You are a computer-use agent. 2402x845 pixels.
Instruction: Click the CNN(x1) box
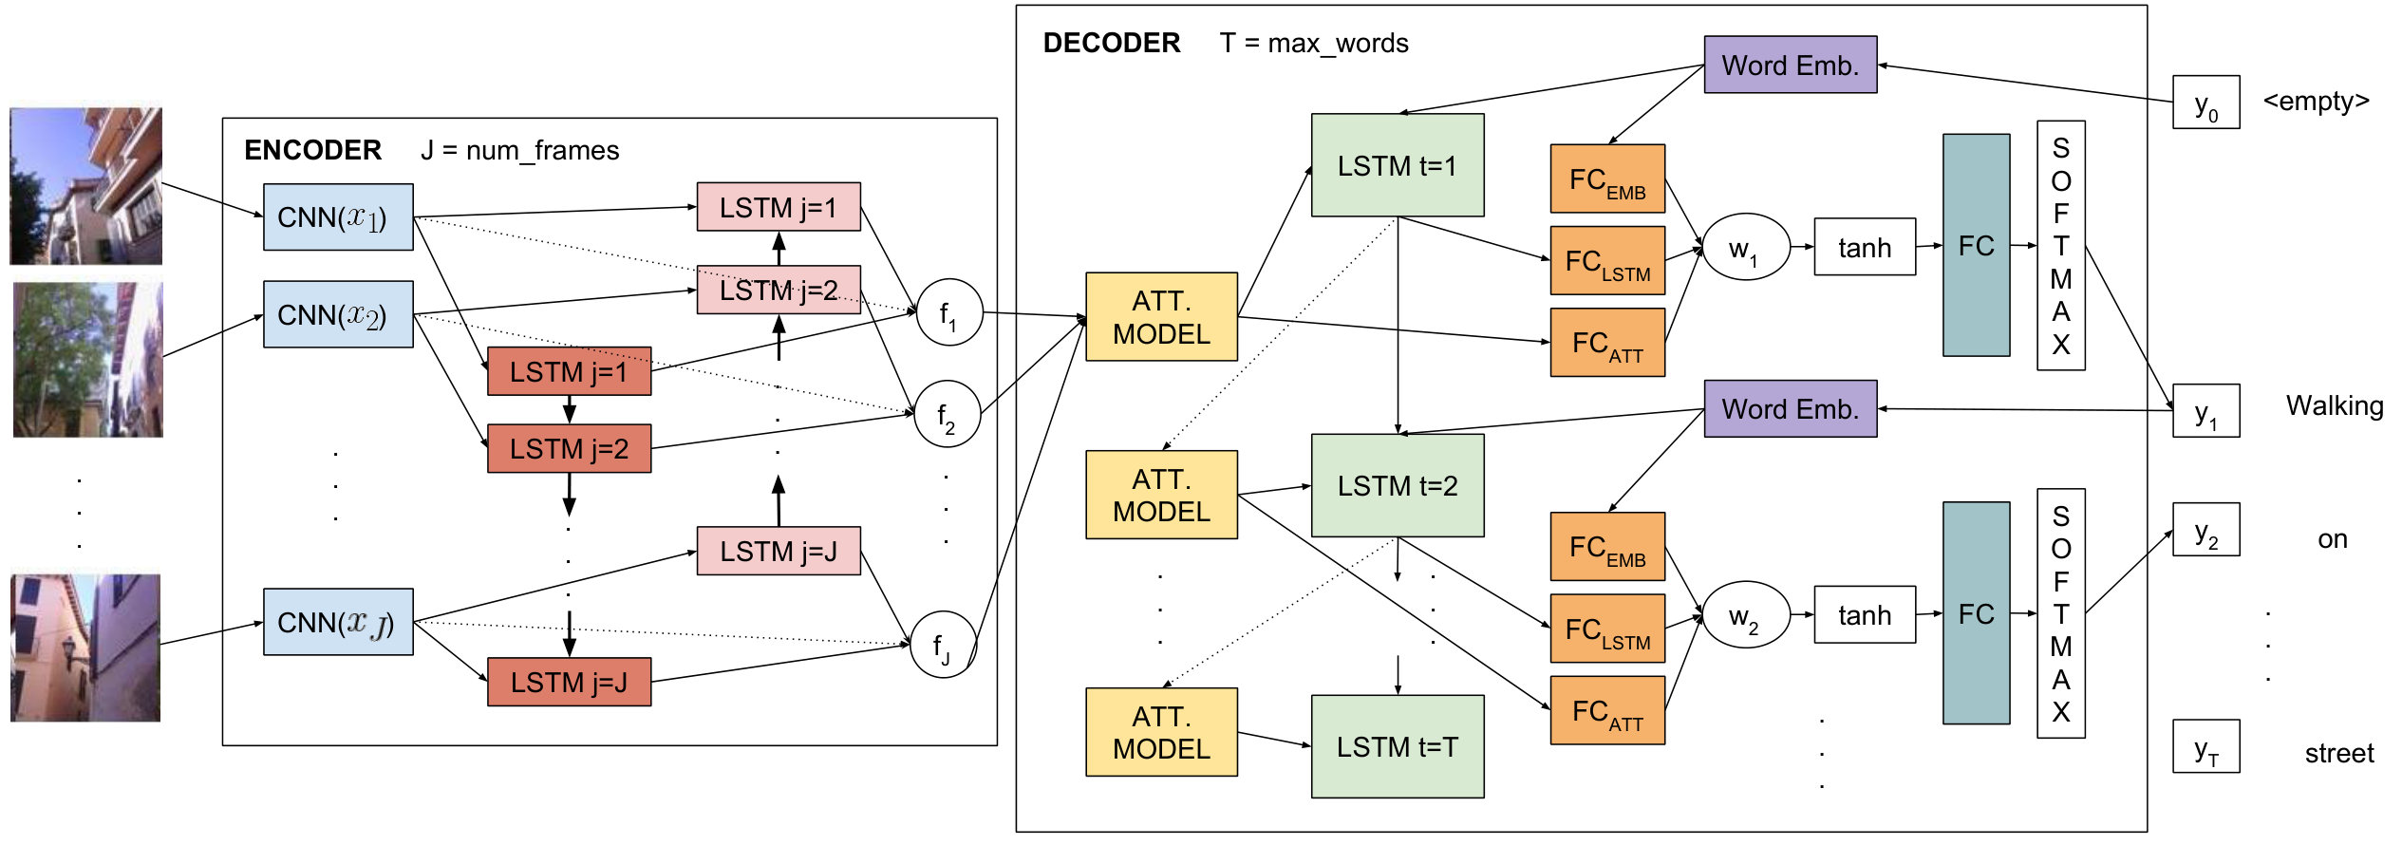[x=338, y=217]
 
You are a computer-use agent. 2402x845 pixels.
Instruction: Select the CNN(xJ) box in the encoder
[x=338, y=622]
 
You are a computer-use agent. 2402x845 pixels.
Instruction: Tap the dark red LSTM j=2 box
[x=569, y=448]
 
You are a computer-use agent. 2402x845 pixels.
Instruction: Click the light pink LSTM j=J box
[x=779, y=551]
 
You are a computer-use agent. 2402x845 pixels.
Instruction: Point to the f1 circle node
[x=949, y=312]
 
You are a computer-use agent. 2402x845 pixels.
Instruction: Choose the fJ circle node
[x=944, y=645]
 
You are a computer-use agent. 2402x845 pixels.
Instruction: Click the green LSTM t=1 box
[x=1398, y=165]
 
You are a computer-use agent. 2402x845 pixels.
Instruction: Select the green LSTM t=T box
[x=1398, y=746]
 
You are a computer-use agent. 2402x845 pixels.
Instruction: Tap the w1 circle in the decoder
[x=1745, y=247]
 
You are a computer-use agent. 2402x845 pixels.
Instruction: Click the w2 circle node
[x=1745, y=615]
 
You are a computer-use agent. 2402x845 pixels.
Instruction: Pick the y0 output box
[x=2206, y=102]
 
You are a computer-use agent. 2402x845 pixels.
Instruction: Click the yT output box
[x=2206, y=746]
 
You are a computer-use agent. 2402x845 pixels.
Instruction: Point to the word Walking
[x=2335, y=406]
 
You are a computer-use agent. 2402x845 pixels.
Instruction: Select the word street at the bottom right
[x=2339, y=754]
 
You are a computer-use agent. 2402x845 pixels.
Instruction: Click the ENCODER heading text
[x=312, y=150]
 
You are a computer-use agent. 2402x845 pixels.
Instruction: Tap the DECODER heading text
[x=1112, y=43]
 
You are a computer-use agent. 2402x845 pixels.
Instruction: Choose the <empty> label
[x=2317, y=101]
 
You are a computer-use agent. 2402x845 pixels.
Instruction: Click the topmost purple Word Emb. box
[x=1791, y=65]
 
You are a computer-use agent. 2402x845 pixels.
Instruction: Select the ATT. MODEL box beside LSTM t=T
[x=1162, y=732]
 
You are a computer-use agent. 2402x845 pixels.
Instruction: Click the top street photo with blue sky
[x=85, y=186]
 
